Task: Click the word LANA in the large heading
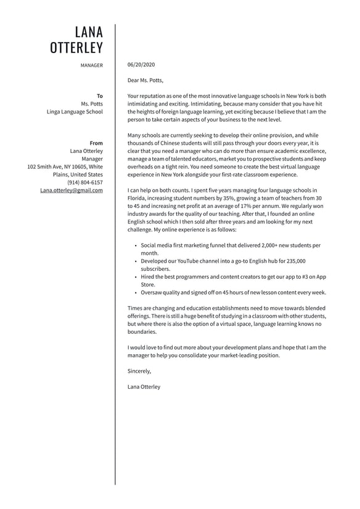click(x=89, y=32)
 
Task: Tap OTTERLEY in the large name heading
click(x=76, y=48)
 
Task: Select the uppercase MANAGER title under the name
click(x=91, y=65)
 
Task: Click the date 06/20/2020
click(x=141, y=65)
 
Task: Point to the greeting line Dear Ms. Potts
click(x=145, y=80)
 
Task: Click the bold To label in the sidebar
click(x=99, y=96)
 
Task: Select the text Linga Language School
click(x=75, y=112)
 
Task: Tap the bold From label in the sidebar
click(x=96, y=143)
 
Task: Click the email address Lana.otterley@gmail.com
click(x=72, y=191)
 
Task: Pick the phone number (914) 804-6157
click(x=85, y=183)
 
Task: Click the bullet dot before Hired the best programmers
click(x=136, y=277)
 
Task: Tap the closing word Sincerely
click(x=139, y=371)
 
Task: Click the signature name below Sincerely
click(x=144, y=387)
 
